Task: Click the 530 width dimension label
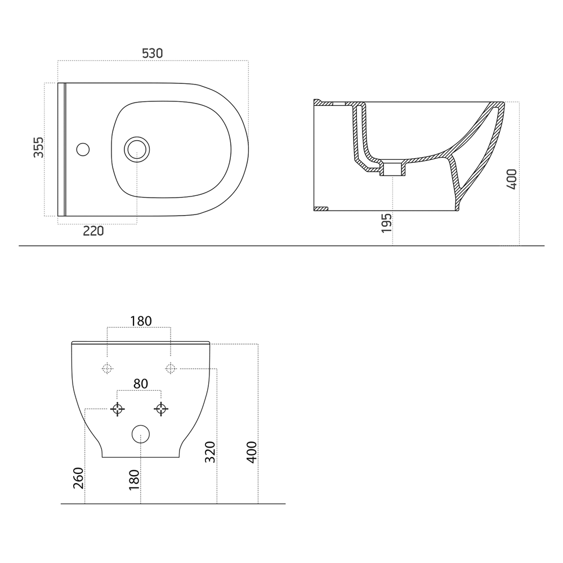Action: click(152, 53)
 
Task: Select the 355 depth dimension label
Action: click(38, 147)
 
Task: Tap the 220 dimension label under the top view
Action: click(93, 231)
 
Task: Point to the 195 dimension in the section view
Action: click(386, 223)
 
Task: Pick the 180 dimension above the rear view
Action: click(141, 321)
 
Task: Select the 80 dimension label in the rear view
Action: click(141, 384)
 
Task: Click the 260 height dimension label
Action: click(78, 478)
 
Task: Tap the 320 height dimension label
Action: click(209, 452)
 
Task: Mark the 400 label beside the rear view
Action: click(252, 452)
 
